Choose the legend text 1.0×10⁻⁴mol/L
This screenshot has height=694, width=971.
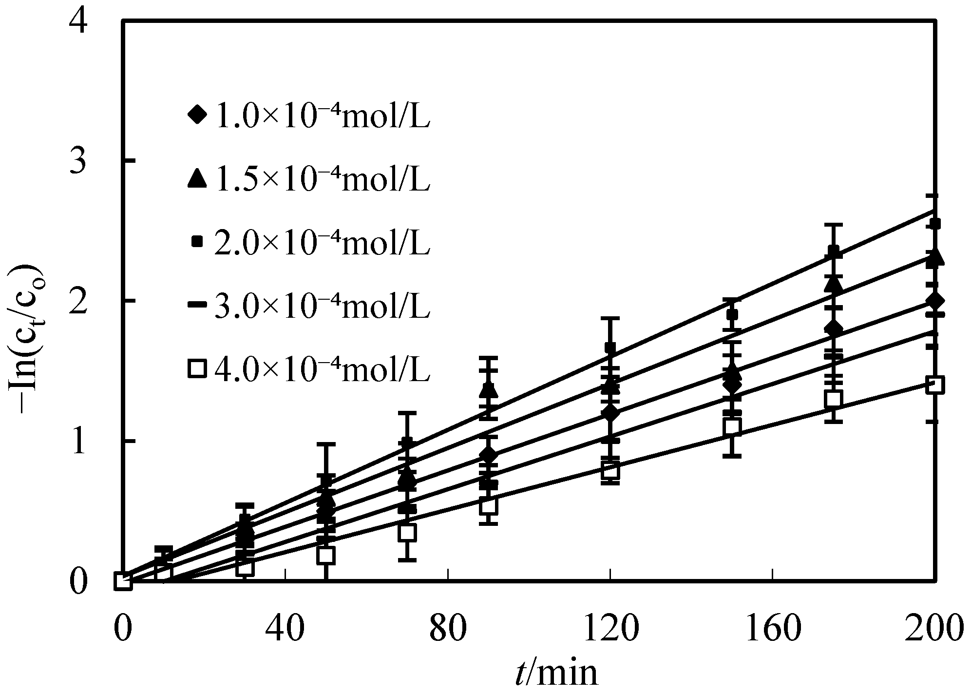322,117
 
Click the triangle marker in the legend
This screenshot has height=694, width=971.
197,178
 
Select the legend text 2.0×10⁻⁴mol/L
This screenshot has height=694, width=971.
322,243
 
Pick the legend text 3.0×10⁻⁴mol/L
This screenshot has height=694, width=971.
322,307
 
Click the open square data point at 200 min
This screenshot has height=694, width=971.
935,385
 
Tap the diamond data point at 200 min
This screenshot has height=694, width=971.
935,300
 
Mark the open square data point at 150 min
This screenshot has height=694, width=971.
732,427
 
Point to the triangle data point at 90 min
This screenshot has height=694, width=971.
489,390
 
